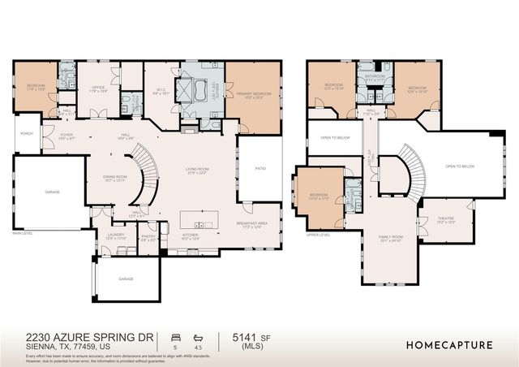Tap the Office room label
[100, 88]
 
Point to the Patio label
[260, 168]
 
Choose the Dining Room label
[116, 178]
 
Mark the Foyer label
[66, 136]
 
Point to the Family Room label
[390, 239]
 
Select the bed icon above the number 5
[175, 335]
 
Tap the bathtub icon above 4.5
[199, 335]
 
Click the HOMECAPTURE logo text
[448, 345]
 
